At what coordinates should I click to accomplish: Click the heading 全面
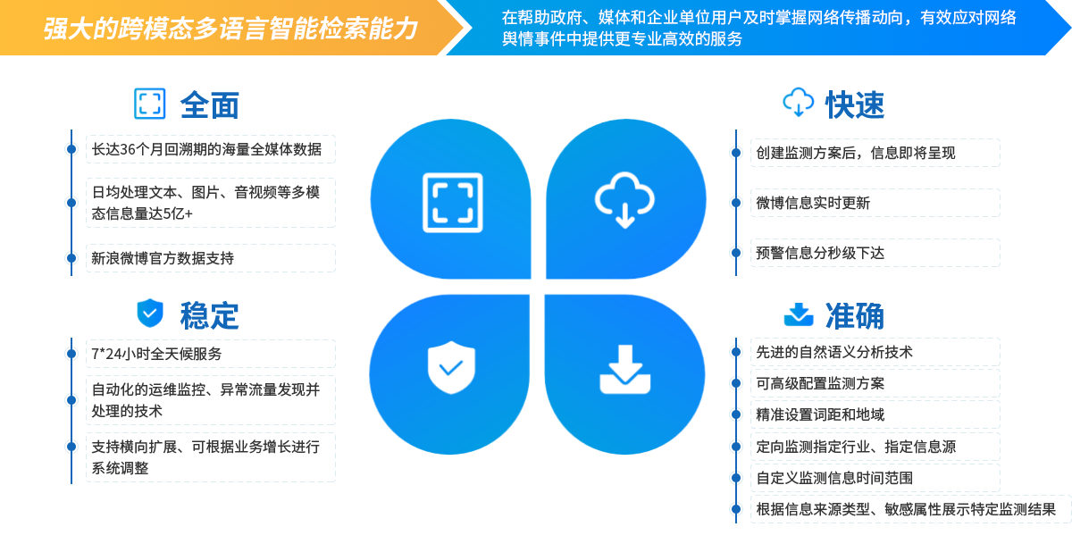click(210, 105)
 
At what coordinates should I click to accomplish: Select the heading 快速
click(854, 105)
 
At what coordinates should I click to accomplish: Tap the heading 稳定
click(209, 314)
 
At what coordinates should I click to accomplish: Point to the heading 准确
click(854, 315)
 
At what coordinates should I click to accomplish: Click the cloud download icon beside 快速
click(798, 103)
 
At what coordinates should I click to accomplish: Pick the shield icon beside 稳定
click(150, 313)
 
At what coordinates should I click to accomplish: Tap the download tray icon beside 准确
click(798, 314)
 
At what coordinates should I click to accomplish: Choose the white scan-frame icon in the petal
click(452, 203)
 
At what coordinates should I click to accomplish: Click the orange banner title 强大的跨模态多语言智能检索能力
click(230, 29)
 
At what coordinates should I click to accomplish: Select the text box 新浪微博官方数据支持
click(211, 258)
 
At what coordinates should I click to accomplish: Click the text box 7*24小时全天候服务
click(211, 354)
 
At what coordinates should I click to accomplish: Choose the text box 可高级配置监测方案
click(874, 383)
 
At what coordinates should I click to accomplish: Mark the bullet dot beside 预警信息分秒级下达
click(735, 253)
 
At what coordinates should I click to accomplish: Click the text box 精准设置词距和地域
click(874, 414)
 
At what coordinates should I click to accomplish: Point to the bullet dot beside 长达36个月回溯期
click(71, 149)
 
